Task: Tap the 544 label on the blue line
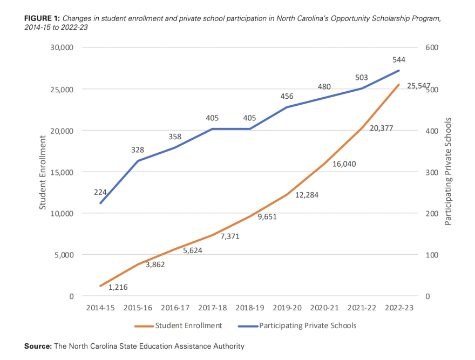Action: [399, 60]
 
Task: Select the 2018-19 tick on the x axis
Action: [250, 308]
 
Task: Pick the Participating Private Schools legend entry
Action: [308, 325]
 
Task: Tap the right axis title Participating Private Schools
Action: [447, 171]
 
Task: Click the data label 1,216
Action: [118, 287]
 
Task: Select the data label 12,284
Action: [307, 195]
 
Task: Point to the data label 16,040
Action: [344, 164]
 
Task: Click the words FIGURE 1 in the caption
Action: [42, 18]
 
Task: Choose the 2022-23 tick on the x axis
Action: [399, 308]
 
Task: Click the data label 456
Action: [287, 97]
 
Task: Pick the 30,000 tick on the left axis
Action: [60, 47]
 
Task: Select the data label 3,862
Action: [155, 264]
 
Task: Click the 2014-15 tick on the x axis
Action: [100, 308]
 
